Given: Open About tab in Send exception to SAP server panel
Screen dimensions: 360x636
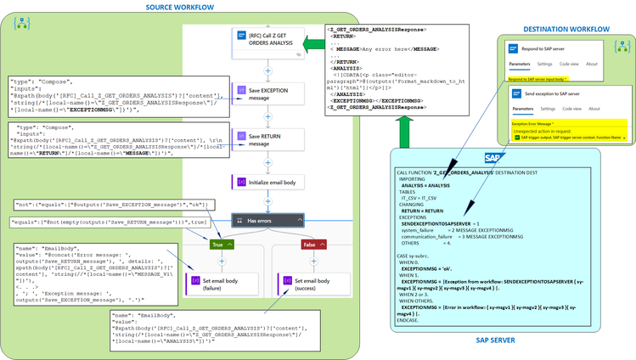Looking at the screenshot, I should coord(592,109).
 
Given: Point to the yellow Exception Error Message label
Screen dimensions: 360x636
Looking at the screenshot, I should coord(532,122).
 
